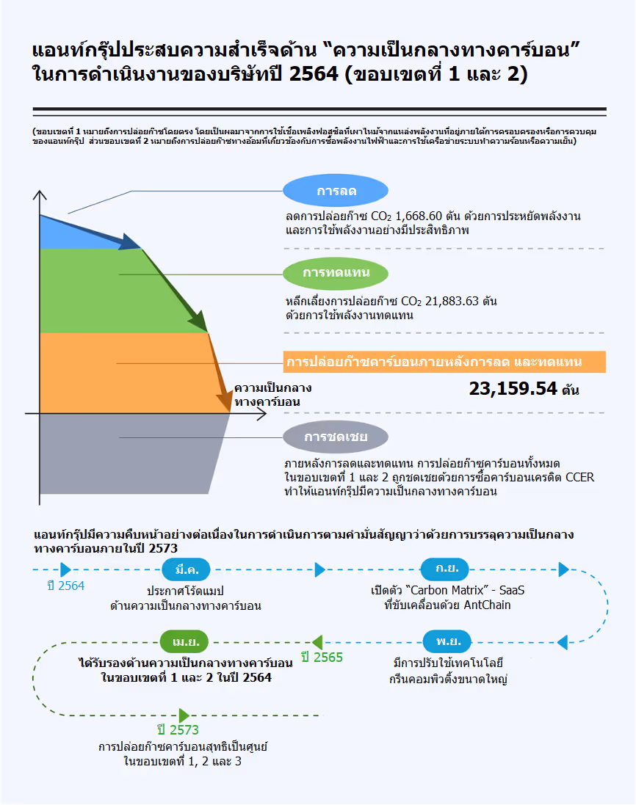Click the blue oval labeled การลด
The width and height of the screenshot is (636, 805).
336,192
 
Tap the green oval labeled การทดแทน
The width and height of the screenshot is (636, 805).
336,274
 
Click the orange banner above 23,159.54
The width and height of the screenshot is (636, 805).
444,362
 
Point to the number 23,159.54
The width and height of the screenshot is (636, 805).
513,389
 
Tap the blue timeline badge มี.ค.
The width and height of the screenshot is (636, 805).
185,569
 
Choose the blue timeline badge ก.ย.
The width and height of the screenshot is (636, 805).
445,569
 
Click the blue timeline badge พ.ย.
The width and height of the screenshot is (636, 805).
447,641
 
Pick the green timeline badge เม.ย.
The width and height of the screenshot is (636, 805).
185,641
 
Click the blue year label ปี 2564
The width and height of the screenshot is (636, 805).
65,586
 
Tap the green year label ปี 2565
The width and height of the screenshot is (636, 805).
322,658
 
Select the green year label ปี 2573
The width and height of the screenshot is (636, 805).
178,730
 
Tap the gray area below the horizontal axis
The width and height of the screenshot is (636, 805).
125,455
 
